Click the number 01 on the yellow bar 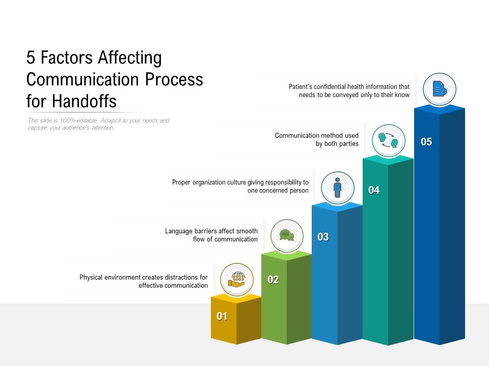tap(222, 316)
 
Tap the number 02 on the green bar tap(273, 280)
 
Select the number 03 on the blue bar tap(323, 237)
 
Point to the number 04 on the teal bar tap(374, 190)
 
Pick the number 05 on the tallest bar tap(426, 142)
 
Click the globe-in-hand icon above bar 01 tap(237, 279)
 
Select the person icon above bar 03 tap(337, 187)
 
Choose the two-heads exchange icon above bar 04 tap(388, 140)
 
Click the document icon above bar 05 tap(439, 89)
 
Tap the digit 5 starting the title tap(31, 58)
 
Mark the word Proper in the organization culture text tap(182, 182)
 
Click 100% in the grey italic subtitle tap(67, 120)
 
